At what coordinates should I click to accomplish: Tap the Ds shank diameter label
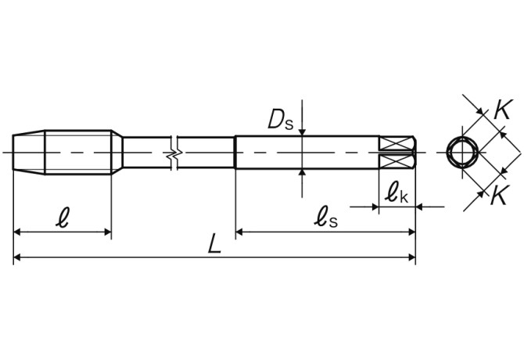click(x=279, y=119)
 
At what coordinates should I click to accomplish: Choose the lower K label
click(x=498, y=196)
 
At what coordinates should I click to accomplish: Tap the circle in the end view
click(x=461, y=151)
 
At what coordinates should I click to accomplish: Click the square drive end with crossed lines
click(x=397, y=151)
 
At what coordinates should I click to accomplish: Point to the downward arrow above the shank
click(x=302, y=131)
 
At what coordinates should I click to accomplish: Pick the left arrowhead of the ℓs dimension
click(x=241, y=232)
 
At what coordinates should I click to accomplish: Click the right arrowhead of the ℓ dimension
click(x=106, y=232)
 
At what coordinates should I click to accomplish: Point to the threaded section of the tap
click(x=78, y=151)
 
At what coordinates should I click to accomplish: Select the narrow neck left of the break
click(x=145, y=151)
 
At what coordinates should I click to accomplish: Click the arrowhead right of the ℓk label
click(x=422, y=207)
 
